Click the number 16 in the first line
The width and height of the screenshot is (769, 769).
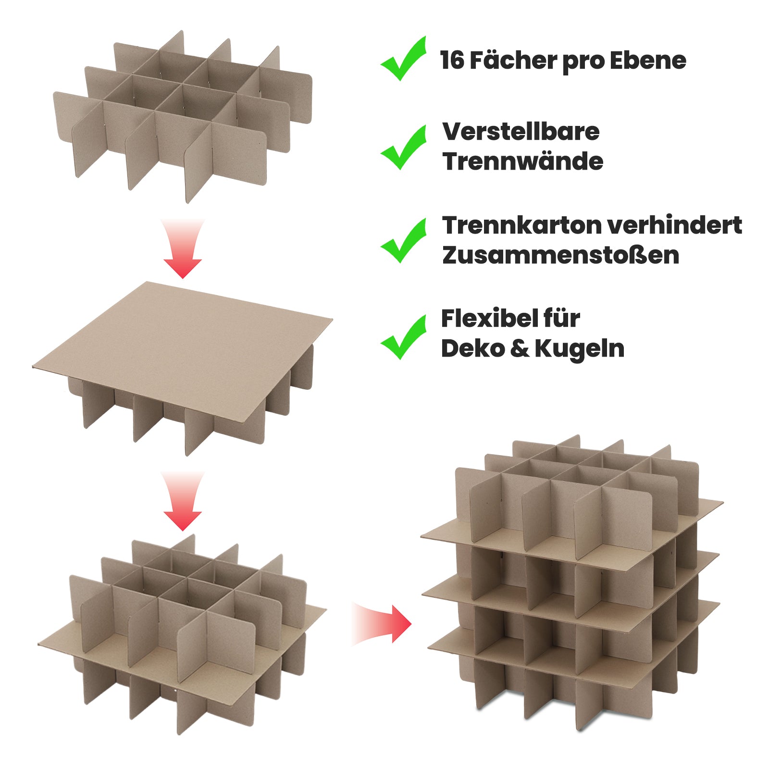(x=452, y=61)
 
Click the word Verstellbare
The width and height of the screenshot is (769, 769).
(x=521, y=132)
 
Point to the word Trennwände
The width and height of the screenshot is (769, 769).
(x=523, y=161)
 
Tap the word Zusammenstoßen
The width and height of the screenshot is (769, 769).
(x=561, y=255)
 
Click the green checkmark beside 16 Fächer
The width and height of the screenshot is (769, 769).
(x=404, y=58)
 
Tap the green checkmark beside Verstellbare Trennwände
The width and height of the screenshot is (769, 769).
(x=404, y=147)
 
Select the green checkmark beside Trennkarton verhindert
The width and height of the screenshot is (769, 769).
(x=404, y=240)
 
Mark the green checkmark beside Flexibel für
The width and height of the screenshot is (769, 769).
(x=404, y=337)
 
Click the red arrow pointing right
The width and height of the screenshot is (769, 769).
(x=382, y=623)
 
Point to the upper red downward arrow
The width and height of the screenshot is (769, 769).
(x=183, y=248)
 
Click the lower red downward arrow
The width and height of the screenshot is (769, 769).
(x=183, y=501)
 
